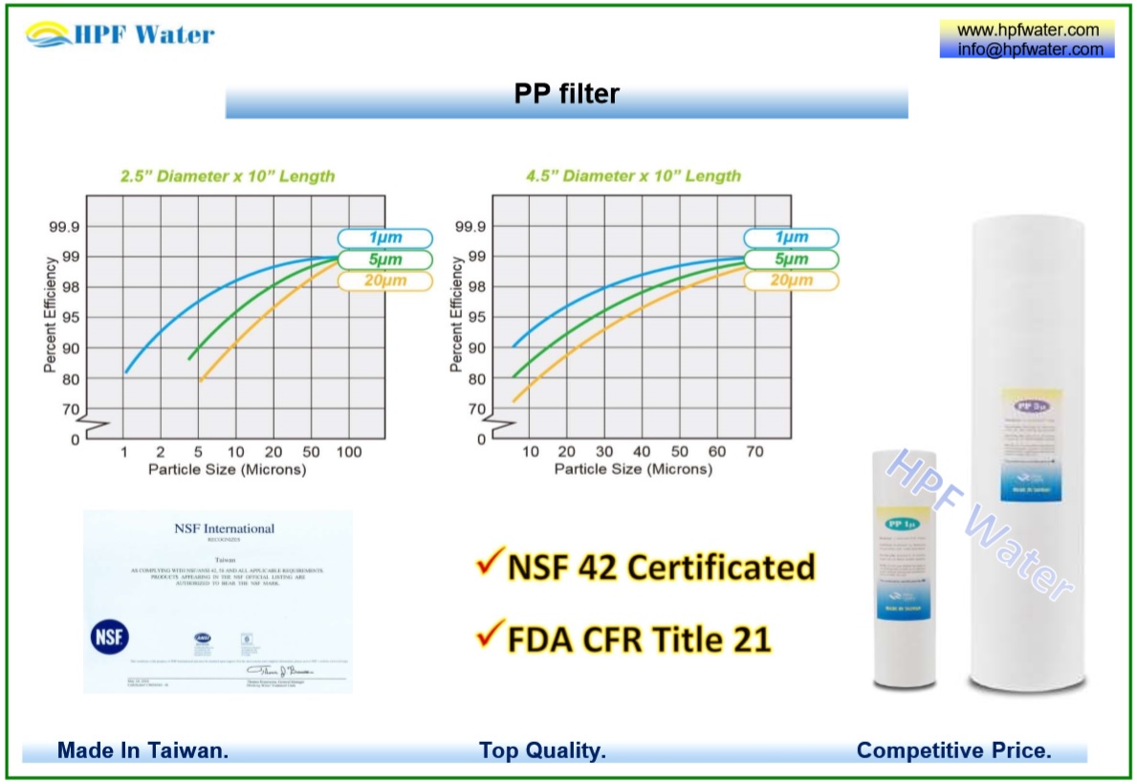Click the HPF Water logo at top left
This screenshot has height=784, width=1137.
(120, 35)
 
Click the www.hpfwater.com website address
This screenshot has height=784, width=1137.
(1028, 31)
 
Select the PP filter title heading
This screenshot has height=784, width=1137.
(566, 94)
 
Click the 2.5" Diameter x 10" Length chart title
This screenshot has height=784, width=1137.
(227, 176)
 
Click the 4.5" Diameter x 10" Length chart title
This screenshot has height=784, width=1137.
(633, 176)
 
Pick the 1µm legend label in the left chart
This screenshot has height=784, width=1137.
(385, 238)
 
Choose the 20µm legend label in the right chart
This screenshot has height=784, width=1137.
(791, 280)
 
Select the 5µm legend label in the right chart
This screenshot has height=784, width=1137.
(791, 259)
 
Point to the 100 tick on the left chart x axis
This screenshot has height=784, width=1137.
(348, 452)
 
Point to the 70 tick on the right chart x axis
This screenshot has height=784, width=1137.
(754, 452)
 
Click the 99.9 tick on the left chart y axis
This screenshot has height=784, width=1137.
(63, 227)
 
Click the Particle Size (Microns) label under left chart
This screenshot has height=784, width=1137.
(227, 469)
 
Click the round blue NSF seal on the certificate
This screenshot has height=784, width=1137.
(109, 637)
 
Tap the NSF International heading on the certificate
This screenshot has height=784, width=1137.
(224, 528)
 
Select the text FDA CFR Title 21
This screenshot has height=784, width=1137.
(639, 638)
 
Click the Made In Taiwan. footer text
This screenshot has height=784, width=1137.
(142, 750)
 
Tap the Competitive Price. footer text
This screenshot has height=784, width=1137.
(953, 750)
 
